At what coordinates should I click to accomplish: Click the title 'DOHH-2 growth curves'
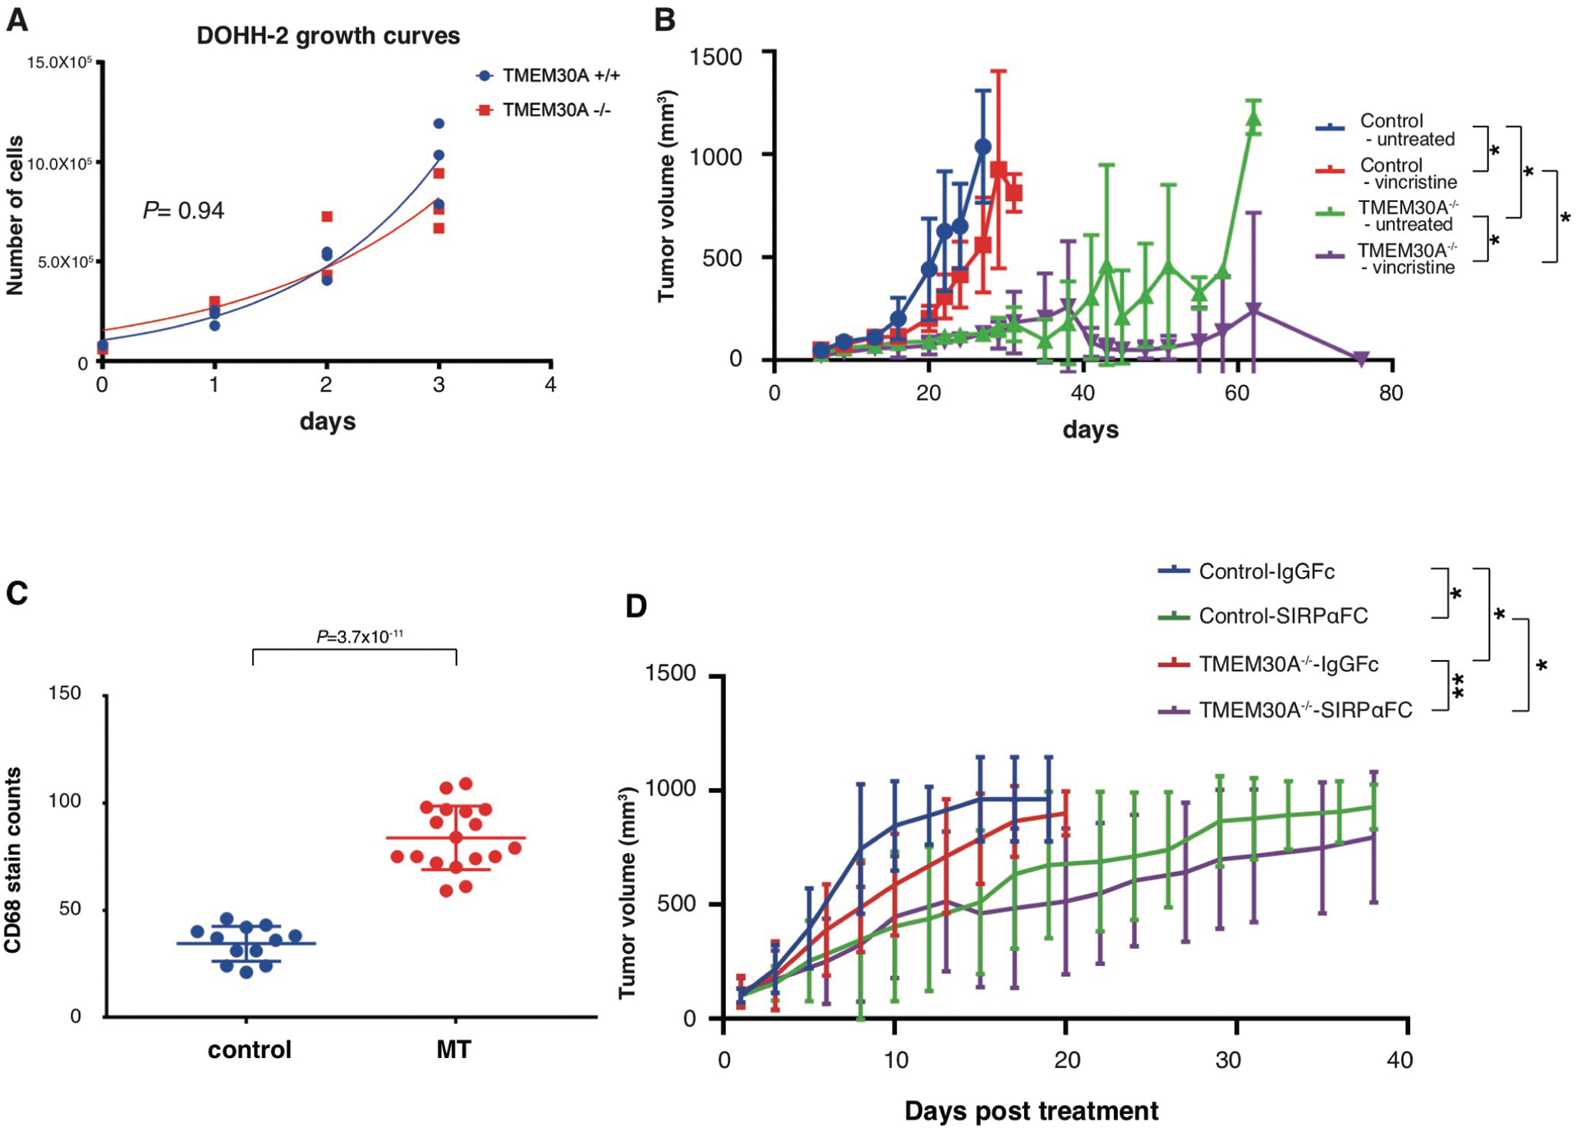coord(328,36)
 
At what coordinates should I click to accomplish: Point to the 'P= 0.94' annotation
coord(183,211)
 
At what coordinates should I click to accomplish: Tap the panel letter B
coord(664,20)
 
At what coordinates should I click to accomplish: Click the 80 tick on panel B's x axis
coord(1391,393)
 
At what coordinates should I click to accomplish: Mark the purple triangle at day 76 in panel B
coord(1360,359)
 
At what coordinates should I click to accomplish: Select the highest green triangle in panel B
coord(1253,120)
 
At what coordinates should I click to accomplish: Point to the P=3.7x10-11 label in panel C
coord(360,637)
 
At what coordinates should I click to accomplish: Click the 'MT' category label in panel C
coord(453,1050)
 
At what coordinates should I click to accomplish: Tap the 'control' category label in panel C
coord(249,1050)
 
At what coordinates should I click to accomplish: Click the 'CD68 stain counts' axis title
coord(13,859)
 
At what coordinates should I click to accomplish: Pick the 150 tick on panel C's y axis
coord(65,694)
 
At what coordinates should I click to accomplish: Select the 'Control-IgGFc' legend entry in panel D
coord(1266,571)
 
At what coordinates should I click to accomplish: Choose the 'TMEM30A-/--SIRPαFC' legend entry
coord(1304,710)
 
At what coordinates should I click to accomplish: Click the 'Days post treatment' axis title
coord(1031,1111)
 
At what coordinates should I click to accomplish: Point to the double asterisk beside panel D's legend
coord(1459,686)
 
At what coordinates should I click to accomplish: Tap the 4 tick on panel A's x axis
coord(550,384)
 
